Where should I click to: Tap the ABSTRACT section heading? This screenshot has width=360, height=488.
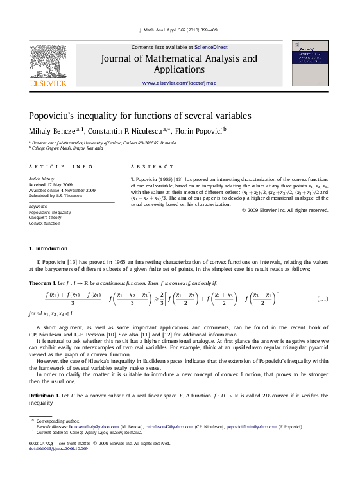coord(151,166)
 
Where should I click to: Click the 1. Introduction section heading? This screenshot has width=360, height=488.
coord(48,248)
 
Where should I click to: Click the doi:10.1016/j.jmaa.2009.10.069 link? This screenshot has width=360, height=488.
coord(58,448)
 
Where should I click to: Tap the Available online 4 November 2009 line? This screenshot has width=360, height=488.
coord(62,190)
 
